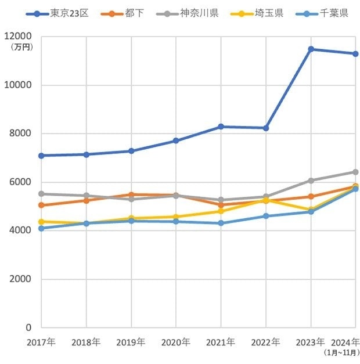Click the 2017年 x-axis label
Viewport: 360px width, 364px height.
[x=41, y=342]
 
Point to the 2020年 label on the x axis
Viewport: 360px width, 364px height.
[x=176, y=342]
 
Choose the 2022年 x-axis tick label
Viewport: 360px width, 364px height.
[x=266, y=342]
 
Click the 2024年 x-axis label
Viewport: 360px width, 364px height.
[x=347, y=341]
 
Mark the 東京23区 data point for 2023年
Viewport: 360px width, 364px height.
[x=311, y=49]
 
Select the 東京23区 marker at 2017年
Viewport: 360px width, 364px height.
[x=41, y=156]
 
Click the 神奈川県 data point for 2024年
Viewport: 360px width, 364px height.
[x=355, y=172]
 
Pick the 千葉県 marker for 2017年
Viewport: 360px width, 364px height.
[x=41, y=228]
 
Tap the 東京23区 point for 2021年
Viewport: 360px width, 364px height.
[x=221, y=127]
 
